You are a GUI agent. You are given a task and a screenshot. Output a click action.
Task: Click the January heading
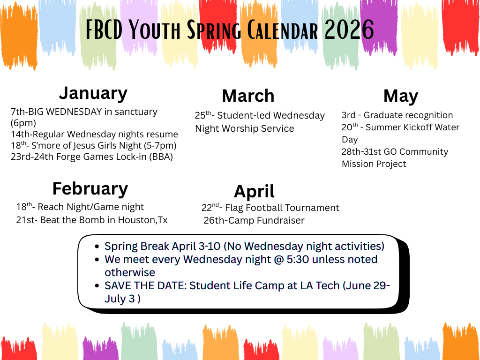pyautogui.click(x=93, y=93)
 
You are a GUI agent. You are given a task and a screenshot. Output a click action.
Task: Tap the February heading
pyautogui.click(x=90, y=188)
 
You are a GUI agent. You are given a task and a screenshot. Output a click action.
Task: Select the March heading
pyautogui.click(x=248, y=96)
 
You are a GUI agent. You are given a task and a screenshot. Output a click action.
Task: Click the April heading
pyautogui.click(x=254, y=191)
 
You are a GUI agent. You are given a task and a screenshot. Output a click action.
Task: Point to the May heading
pyautogui.click(x=400, y=96)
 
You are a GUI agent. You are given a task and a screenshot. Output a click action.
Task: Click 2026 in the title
pyautogui.click(x=349, y=30)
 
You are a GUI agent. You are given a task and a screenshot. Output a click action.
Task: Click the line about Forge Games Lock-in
pyautogui.click(x=92, y=157)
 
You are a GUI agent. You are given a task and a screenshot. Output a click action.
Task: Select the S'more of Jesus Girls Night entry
pyautogui.click(x=94, y=145)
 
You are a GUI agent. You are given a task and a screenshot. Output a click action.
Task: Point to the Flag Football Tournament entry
pyautogui.click(x=270, y=208)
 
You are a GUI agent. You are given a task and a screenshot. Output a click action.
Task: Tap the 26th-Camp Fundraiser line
pyautogui.click(x=254, y=220)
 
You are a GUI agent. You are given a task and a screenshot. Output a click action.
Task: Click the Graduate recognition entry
pyautogui.click(x=397, y=115)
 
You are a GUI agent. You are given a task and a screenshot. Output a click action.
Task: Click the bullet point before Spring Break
pyautogui.click(x=97, y=247)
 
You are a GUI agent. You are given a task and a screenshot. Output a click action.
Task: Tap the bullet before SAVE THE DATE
pyautogui.click(x=97, y=286)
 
